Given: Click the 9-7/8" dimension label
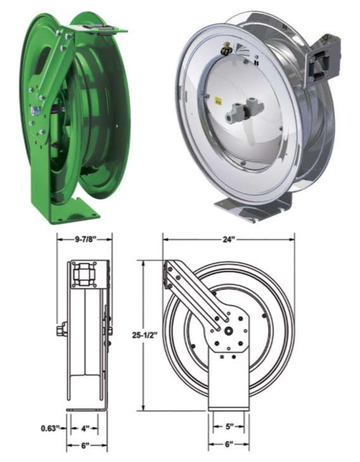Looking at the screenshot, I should tap(85, 239).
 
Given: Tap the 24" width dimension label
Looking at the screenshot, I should tap(228, 240).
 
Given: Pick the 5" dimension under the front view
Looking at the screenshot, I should tap(229, 427).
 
